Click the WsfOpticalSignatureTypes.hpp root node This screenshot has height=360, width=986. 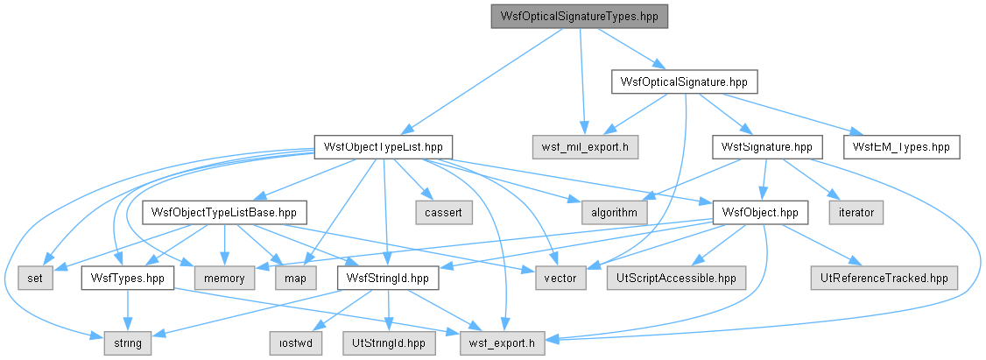tap(579, 17)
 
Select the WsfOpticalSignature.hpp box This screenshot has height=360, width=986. tap(684, 81)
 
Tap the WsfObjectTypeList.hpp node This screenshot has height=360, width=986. tap(383, 147)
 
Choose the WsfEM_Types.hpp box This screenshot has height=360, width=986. tap(902, 147)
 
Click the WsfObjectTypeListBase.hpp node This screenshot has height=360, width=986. tap(224, 213)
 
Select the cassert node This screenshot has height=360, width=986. tap(443, 213)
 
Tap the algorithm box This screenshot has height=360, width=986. tap(609, 213)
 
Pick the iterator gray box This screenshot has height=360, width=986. tap(856, 213)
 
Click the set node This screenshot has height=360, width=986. tap(36, 279)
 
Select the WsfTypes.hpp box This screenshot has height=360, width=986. tap(128, 279)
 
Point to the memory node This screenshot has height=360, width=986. tap(224, 279)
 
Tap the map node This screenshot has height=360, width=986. tap(294, 279)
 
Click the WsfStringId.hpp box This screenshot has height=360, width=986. tap(388, 279)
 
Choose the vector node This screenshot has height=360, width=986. tap(560, 279)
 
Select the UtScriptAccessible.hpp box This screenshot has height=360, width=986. tap(676, 279)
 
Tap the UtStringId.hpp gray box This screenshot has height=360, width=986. tap(389, 343)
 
